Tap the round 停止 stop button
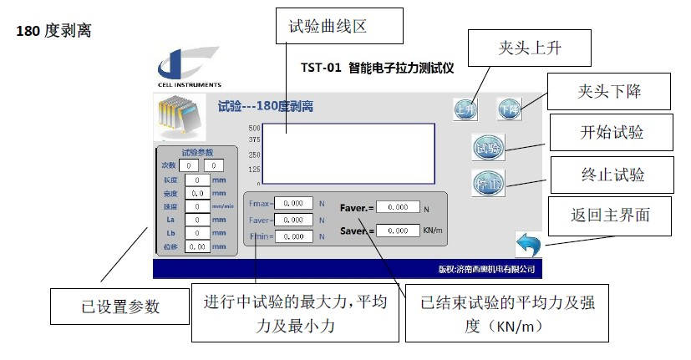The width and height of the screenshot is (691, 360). pyautogui.click(x=487, y=183)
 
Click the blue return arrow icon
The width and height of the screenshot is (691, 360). pyautogui.click(x=527, y=245)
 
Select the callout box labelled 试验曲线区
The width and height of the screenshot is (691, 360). pyautogui.click(x=339, y=27)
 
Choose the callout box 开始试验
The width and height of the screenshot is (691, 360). pyautogui.click(x=612, y=132)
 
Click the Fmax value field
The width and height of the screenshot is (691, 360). pyautogui.click(x=293, y=203)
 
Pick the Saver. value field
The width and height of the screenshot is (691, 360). pyautogui.click(x=398, y=231)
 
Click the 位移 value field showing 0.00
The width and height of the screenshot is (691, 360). pyautogui.click(x=197, y=246)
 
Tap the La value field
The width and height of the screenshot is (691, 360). pyautogui.click(x=197, y=220)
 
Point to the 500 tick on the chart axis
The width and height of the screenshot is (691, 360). pyautogui.click(x=255, y=127)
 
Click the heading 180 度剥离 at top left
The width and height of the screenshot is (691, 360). pyautogui.click(x=53, y=31)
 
